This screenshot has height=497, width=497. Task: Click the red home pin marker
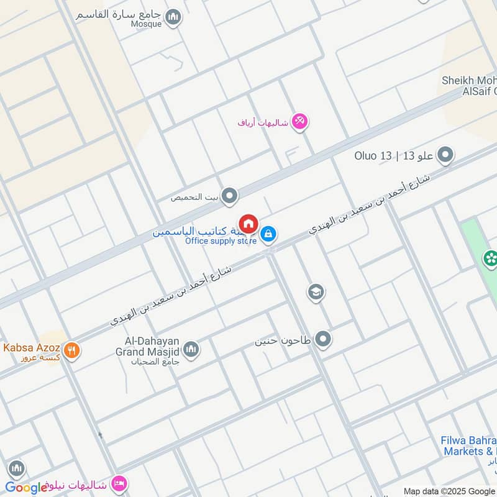click(x=248, y=224)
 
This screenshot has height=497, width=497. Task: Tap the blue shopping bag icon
click(x=268, y=234)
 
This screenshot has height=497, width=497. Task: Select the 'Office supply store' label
click(x=221, y=241)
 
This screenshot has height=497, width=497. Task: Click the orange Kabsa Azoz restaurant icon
click(x=72, y=350)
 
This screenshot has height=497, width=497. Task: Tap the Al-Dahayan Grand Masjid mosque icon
click(x=191, y=350)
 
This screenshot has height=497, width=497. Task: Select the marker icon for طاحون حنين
click(x=322, y=339)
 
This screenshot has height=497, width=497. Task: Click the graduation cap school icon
click(x=316, y=292)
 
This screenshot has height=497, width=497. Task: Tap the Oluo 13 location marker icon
click(x=445, y=155)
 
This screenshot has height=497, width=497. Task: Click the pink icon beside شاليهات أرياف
click(x=299, y=121)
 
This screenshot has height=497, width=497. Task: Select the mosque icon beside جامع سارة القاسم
click(x=174, y=17)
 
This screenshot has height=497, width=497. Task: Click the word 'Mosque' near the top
click(x=146, y=24)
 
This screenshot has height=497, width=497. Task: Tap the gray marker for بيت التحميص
click(x=230, y=196)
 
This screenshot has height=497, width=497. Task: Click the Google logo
click(x=26, y=487)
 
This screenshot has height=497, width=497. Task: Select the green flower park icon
click(x=491, y=258)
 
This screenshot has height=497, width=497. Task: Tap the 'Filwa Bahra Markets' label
click(x=469, y=446)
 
